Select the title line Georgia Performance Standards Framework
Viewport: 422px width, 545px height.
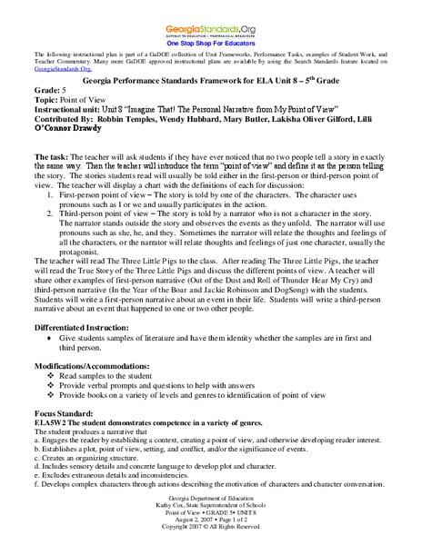click(x=211, y=81)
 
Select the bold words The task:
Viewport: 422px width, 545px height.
click(x=46, y=156)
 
